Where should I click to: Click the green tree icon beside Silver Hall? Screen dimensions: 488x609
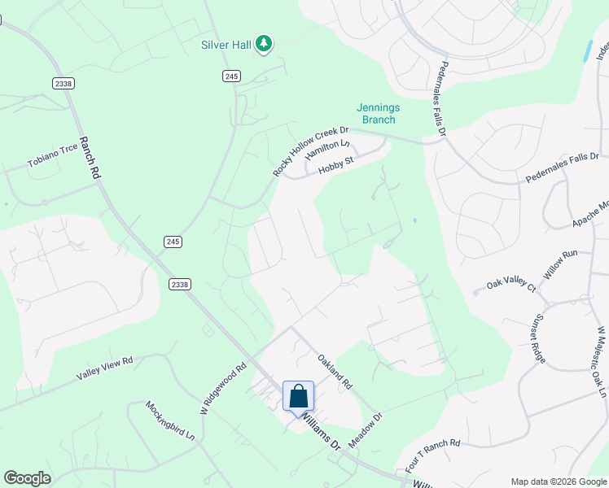[263, 44]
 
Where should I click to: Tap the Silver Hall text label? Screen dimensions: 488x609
[226, 45]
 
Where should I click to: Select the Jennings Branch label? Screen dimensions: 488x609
[375, 114]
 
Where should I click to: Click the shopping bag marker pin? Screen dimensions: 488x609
[298, 396]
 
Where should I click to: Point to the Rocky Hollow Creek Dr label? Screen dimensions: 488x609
[310, 151]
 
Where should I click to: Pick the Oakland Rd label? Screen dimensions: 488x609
[334, 370]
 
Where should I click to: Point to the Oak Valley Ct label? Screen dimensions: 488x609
[511, 285]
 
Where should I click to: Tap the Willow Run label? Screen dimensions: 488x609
[560, 265]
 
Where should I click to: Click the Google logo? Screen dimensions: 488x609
[27, 478]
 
